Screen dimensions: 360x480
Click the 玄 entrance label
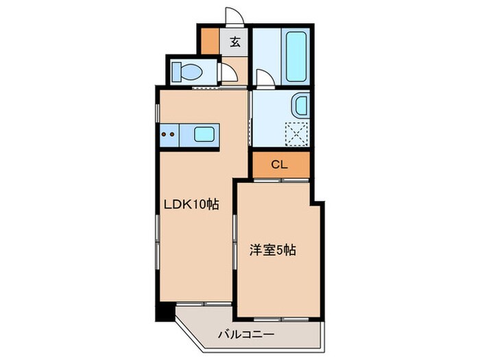pyautogui.click(x=235, y=42)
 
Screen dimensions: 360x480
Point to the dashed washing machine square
pyautogui.click(x=298, y=133)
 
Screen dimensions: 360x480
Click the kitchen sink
pyautogui.click(x=206, y=134)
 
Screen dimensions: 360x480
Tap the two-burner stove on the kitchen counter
pyautogui.click(x=169, y=134)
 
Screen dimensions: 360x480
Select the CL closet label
pyautogui.click(x=279, y=164)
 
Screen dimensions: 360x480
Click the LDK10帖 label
pyautogui.click(x=190, y=204)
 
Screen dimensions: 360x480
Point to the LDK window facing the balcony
pyautogui.click(x=203, y=303)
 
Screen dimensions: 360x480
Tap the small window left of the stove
pyautogui.click(x=158, y=134)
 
